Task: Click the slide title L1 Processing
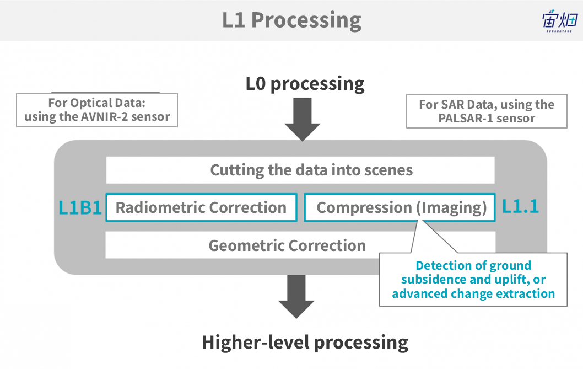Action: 291,20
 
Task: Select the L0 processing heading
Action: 305,84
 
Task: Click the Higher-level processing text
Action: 305,343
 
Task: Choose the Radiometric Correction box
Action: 201,207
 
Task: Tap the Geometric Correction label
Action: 287,245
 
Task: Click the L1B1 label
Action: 80,208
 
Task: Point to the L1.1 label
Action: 520,207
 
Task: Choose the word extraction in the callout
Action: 523,293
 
